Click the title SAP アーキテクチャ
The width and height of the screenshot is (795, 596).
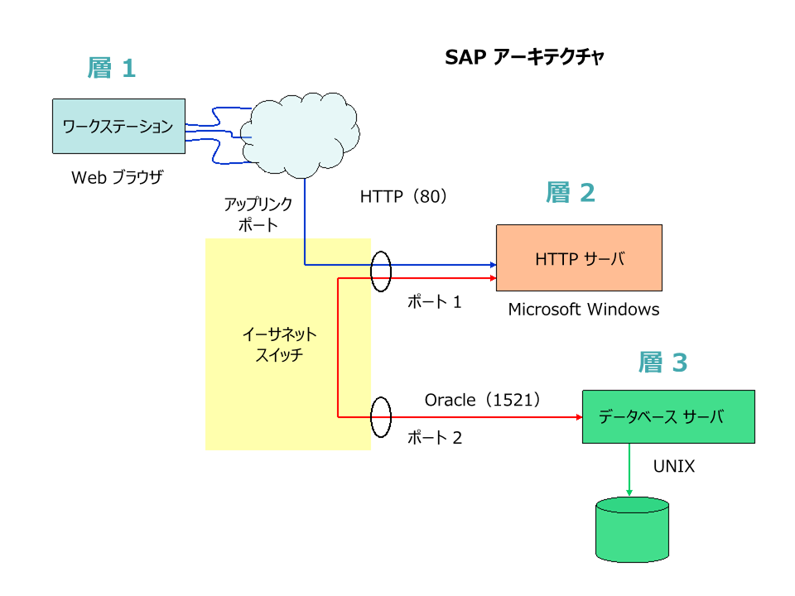pyautogui.click(x=525, y=57)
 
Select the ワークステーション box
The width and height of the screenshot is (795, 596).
pyautogui.click(x=118, y=127)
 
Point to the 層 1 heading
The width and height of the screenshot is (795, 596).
pyautogui.click(x=111, y=67)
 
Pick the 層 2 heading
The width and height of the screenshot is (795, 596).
pyautogui.click(x=571, y=193)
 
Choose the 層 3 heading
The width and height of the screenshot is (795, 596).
pyautogui.click(x=662, y=362)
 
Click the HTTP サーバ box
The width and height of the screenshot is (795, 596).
pyautogui.click(x=579, y=258)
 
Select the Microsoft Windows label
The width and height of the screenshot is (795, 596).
pyautogui.click(x=584, y=310)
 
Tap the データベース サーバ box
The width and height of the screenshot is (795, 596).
pyautogui.click(x=668, y=417)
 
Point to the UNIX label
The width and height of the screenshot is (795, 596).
pyautogui.click(x=674, y=466)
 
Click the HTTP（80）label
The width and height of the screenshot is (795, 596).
pyautogui.click(x=403, y=197)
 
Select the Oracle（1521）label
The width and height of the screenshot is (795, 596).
pyautogui.click(x=483, y=400)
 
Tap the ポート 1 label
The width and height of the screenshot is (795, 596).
pyautogui.click(x=434, y=302)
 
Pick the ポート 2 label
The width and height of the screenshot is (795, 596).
pyautogui.click(x=434, y=438)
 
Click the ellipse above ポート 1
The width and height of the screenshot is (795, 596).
pyautogui.click(x=381, y=272)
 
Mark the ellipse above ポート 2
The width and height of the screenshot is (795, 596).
pyautogui.click(x=380, y=417)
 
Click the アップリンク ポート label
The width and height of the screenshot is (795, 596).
pyautogui.click(x=258, y=214)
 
